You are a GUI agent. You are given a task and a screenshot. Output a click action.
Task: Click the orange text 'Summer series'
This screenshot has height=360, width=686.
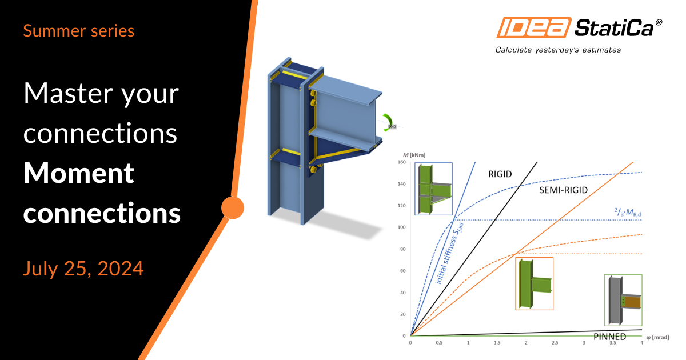point(79,31)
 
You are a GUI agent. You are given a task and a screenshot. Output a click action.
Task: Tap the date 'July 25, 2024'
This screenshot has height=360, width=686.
point(83,269)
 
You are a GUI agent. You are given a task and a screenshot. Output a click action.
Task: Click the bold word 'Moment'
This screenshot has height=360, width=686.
point(79,173)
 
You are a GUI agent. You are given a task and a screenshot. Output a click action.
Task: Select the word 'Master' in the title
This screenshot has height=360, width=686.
point(68,93)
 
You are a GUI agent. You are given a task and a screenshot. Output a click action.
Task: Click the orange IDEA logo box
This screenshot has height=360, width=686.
point(534,27)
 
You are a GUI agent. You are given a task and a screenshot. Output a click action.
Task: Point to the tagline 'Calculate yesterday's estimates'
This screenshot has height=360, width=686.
point(558,50)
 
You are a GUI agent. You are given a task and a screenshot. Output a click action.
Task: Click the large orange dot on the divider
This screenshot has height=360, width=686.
point(233,207)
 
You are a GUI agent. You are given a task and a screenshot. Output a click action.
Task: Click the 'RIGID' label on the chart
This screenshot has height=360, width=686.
point(500,174)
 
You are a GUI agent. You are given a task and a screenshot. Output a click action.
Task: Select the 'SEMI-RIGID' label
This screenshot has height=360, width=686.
point(563,190)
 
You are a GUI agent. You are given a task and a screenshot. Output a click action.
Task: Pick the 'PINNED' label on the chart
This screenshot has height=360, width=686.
point(609,337)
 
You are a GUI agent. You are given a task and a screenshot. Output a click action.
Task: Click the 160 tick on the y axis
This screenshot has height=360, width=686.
point(401,162)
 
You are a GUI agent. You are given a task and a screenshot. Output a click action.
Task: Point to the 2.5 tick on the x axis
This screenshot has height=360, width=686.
point(555,343)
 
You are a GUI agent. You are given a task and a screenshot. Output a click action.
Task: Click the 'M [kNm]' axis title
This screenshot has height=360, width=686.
point(414,155)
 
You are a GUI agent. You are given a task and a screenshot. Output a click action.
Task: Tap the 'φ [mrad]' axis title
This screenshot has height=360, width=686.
point(657,337)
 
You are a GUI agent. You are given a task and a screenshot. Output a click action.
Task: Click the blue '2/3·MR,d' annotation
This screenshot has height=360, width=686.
point(628,212)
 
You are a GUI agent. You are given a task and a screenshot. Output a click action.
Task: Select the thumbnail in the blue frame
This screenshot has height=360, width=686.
point(433,189)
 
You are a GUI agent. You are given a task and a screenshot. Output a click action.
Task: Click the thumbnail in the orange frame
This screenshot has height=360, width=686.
point(534,284)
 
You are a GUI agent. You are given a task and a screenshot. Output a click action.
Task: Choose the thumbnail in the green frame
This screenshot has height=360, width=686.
point(623,301)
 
